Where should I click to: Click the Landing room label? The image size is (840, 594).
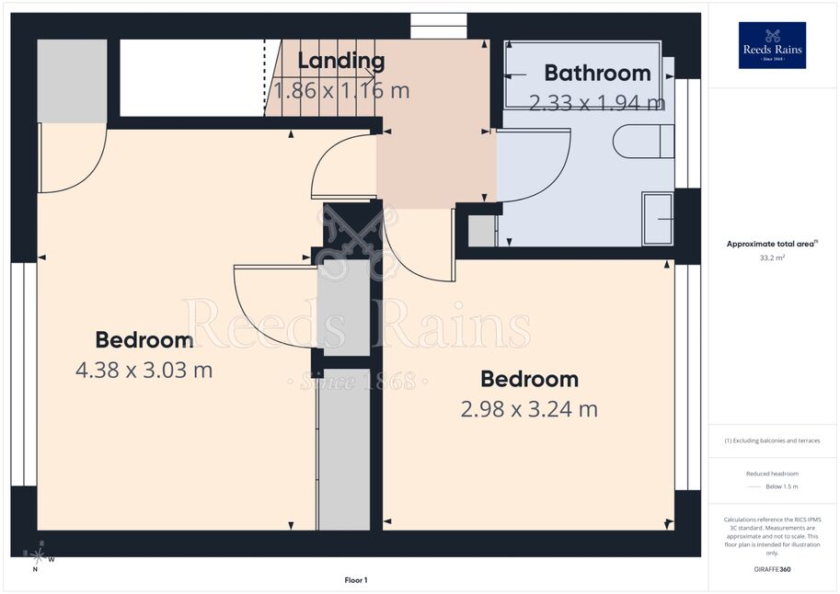(x=340, y=61)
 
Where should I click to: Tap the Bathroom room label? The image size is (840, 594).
(x=597, y=73)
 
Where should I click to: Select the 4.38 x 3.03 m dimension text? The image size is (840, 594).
(x=144, y=370)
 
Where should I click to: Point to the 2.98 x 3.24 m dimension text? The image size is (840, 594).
(x=529, y=409)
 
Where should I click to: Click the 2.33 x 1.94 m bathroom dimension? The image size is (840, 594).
(x=597, y=102)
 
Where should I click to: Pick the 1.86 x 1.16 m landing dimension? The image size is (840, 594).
(x=341, y=90)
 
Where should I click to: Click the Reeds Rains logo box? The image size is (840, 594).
(x=772, y=46)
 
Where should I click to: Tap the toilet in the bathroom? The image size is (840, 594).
(x=643, y=142)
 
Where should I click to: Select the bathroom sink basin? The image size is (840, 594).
(x=658, y=219)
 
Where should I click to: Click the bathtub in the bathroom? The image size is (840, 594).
(x=583, y=75)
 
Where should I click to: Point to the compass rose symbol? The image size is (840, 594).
(x=38, y=556)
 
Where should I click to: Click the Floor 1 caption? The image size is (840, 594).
(x=356, y=580)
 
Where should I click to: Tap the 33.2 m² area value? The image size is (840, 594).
(x=772, y=257)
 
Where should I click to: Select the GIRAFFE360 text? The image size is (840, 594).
(x=772, y=569)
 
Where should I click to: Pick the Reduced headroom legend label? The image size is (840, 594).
(x=772, y=474)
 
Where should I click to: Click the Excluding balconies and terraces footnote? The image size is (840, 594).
(x=772, y=440)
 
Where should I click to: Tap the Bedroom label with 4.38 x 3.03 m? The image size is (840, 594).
(x=144, y=340)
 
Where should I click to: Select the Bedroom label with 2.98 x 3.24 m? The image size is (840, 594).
(x=529, y=379)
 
